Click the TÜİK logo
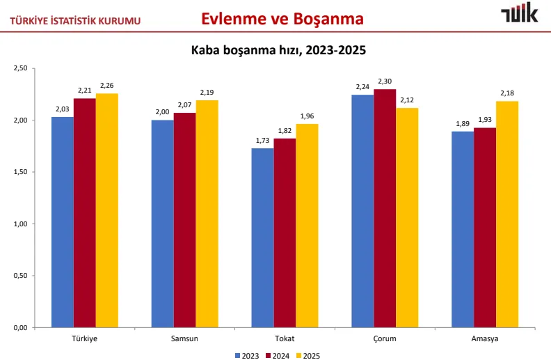(x=520, y=13)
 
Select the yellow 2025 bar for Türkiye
(x=107, y=210)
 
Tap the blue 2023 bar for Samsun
(x=162, y=224)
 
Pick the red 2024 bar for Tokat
(x=285, y=233)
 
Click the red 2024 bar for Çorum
(x=385, y=208)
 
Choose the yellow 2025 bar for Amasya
(x=507, y=214)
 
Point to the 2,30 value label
(x=385, y=81)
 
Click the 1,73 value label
(x=262, y=140)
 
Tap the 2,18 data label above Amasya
(x=507, y=93)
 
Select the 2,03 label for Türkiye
(x=63, y=109)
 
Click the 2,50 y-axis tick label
(x=20, y=68)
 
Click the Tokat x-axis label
(x=285, y=338)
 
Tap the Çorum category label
(x=385, y=339)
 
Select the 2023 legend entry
(x=247, y=356)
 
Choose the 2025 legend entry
(x=308, y=356)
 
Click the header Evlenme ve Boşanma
(x=282, y=19)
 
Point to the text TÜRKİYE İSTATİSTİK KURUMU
(x=75, y=21)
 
